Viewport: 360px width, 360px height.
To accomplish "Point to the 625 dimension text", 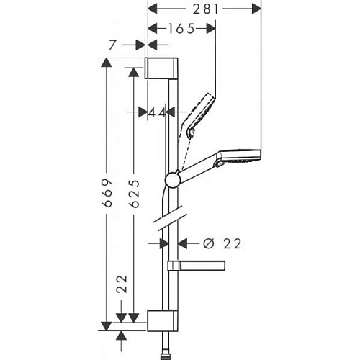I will click(x=133, y=192).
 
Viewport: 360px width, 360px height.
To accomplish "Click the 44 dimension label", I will click(x=157, y=112).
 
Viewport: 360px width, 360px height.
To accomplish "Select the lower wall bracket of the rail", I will click(x=162, y=320).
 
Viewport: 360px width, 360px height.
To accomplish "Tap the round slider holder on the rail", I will click(x=173, y=179).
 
